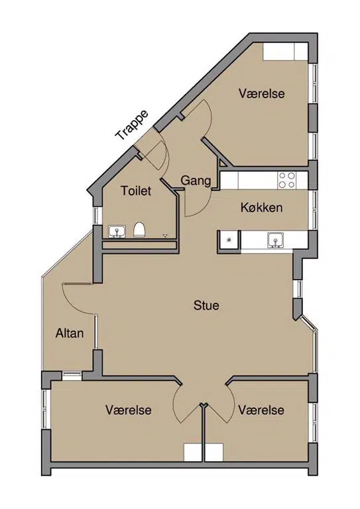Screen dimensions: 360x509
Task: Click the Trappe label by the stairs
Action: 132,125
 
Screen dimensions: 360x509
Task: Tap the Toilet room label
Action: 136,191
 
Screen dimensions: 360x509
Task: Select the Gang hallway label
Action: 196,180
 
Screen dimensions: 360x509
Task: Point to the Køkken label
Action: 261,207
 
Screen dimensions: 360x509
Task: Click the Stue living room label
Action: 206,306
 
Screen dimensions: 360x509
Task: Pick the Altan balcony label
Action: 70,333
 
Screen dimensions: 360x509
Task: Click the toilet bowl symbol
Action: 139,230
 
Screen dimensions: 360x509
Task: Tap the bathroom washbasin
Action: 117,232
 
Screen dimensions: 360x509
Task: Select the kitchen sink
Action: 276,240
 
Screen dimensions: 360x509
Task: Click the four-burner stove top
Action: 287,180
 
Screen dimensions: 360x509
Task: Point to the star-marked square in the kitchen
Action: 229,240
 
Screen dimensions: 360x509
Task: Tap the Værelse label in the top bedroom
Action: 262,93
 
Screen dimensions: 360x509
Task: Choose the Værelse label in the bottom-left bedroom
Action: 128,410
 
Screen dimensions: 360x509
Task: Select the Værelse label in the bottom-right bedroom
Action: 261,410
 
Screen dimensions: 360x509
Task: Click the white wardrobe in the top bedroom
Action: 285,52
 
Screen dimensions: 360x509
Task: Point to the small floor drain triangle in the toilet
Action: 165,235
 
